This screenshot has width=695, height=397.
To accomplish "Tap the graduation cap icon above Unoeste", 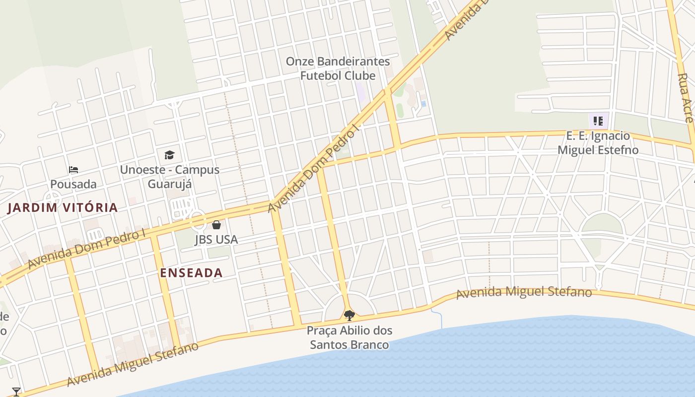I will click(169, 155).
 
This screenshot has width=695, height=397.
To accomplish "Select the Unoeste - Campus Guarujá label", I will click(169, 177).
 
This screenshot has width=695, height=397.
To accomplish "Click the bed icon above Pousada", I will click(73, 170).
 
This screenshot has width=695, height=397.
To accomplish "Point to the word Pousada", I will click(73, 184).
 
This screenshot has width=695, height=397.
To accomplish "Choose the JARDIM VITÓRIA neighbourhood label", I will click(63, 207).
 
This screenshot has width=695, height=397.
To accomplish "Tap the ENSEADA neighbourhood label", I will click(191, 272).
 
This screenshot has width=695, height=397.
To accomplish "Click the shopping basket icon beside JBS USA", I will click(216, 225).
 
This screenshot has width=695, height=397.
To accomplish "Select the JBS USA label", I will click(216, 240).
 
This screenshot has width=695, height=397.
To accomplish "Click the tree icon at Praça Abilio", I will click(349, 315).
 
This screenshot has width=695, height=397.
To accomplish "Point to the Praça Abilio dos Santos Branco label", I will click(349, 337).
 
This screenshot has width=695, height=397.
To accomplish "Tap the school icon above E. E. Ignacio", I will click(598, 121).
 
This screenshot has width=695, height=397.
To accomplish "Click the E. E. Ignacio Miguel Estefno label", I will click(598, 143).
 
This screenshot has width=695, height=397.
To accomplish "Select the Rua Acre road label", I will click(685, 98).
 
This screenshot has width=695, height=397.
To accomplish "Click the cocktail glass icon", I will click(16, 392).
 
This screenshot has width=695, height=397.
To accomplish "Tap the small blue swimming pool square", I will click(423, 103).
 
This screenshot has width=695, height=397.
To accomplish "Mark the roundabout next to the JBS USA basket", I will click(198, 219).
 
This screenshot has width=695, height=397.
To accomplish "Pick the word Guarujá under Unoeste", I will click(170, 184).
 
